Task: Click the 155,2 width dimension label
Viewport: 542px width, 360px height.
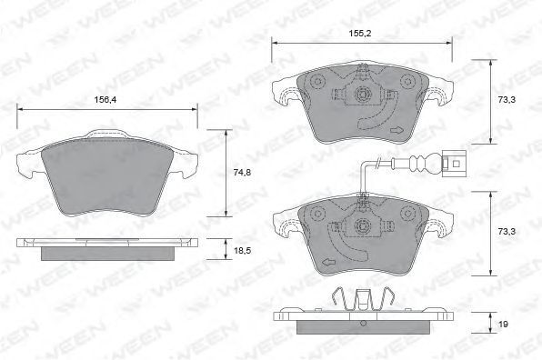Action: coord(360,34)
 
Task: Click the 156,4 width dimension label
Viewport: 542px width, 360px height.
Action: coord(105,100)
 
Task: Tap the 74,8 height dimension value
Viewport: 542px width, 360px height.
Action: coord(242,173)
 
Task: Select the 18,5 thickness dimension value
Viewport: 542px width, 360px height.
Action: coord(242,251)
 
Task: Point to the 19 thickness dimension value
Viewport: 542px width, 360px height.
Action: coord(503,325)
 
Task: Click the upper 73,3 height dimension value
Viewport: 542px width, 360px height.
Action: coord(507,100)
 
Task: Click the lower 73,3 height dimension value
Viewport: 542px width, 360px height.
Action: coord(507,232)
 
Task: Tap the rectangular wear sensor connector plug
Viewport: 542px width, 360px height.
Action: coord(454,164)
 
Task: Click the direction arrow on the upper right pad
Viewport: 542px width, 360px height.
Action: coord(396,130)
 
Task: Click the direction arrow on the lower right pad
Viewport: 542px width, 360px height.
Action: coord(328,262)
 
